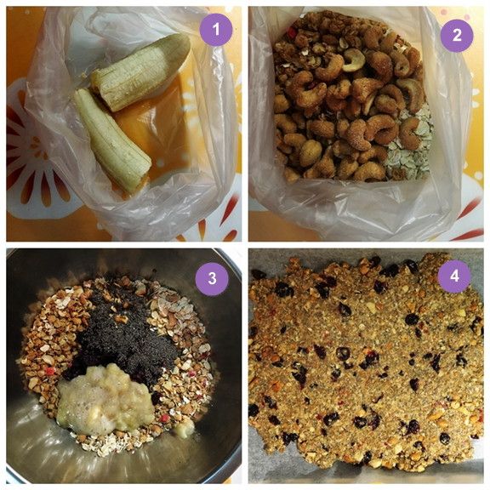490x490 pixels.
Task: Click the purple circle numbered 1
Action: coord(216,31)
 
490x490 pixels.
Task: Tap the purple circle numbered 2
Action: coord(457,35)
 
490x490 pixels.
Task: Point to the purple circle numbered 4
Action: coord(454,276)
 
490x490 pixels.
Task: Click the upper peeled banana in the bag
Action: coord(141,71)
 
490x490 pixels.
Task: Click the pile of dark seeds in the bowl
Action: coord(128,332)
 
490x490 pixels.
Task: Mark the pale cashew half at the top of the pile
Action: coord(354,57)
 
